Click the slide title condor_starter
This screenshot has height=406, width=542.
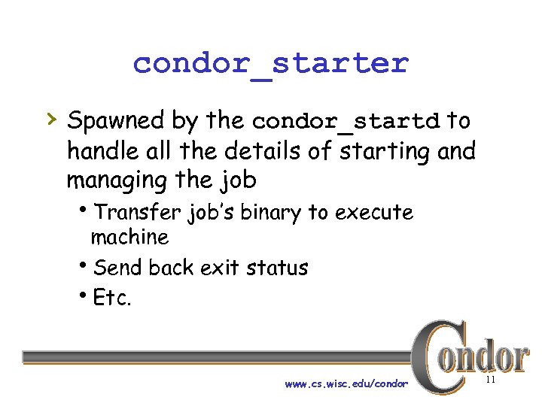tap(270, 63)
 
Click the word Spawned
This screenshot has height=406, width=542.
tap(115, 120)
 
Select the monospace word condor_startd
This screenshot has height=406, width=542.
tap(346, 121)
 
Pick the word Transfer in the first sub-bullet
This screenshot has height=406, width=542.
tap(139, 213)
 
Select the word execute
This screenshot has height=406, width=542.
tap(374, 213)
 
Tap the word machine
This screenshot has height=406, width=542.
tap(129, 238)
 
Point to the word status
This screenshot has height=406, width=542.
tap(279, 268)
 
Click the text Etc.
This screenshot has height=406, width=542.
tap(112, 298)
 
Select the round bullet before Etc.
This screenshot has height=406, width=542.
tap(85, 295)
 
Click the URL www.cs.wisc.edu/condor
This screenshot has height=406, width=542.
tap(346, 384)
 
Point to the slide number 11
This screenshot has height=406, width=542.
tap(490, 381)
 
